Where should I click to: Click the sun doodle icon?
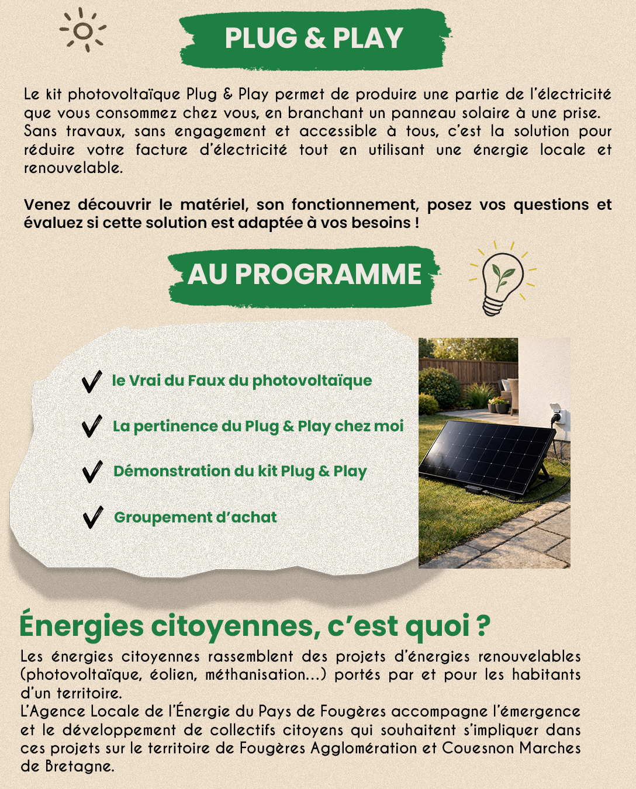tap(83, 30)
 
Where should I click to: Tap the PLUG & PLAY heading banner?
tap(314, 39)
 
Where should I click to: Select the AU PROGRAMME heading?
tap(304, 275)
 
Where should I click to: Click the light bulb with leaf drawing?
tap(502, 279)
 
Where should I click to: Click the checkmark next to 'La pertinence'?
tap(92, 426)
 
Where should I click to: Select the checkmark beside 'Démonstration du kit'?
tap(92, 472)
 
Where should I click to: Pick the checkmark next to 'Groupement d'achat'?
tap(92, 517)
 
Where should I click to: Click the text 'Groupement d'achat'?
tap(195, 517)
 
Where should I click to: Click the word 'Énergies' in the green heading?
tap(81, 625)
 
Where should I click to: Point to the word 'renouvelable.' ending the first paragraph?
tap(73, 168)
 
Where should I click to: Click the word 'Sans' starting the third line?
tap(40, 131)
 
